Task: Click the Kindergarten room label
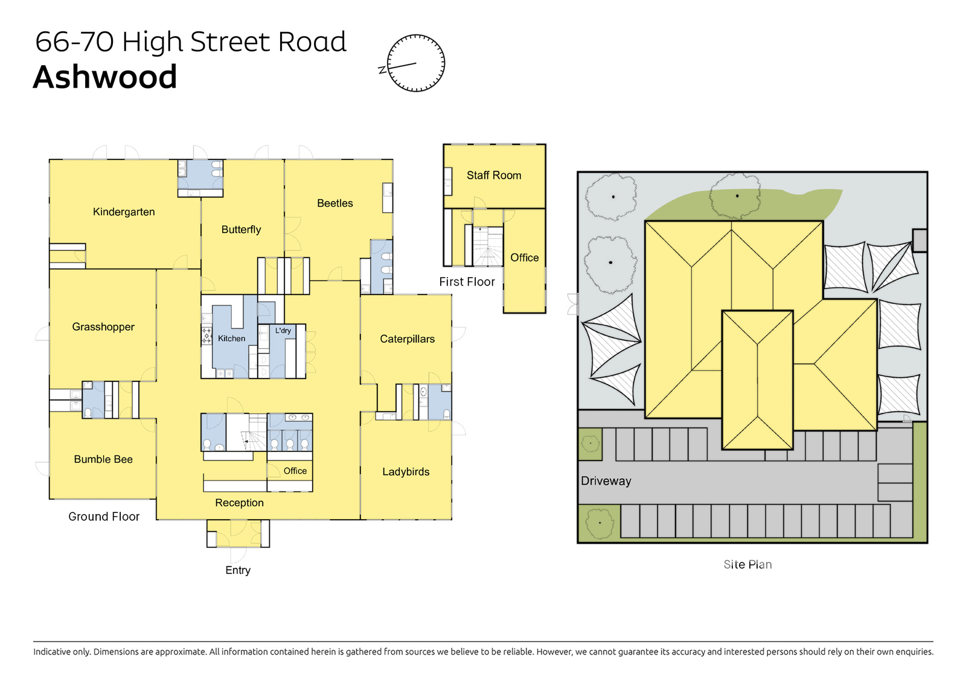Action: (124, 212)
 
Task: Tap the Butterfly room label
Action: (241, 230)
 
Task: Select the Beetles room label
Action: (334, 203)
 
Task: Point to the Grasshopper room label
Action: (103, 327)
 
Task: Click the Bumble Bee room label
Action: (103, 459)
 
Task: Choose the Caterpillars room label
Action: (407, 339)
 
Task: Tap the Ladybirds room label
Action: (406, 471)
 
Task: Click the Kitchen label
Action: (232, 339)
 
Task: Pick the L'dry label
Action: (283, 331)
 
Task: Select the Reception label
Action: (239, 503)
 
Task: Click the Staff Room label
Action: (494, 176)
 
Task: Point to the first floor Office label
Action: (525, 258)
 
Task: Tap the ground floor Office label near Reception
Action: (295, 471)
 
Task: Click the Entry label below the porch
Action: (238, 570)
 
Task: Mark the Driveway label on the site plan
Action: (606, 481)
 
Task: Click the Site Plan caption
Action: (748, 564)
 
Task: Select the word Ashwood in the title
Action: (105, 77)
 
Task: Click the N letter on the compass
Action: (382, 70)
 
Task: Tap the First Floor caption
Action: (467, 282)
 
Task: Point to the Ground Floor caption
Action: (104, 517)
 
